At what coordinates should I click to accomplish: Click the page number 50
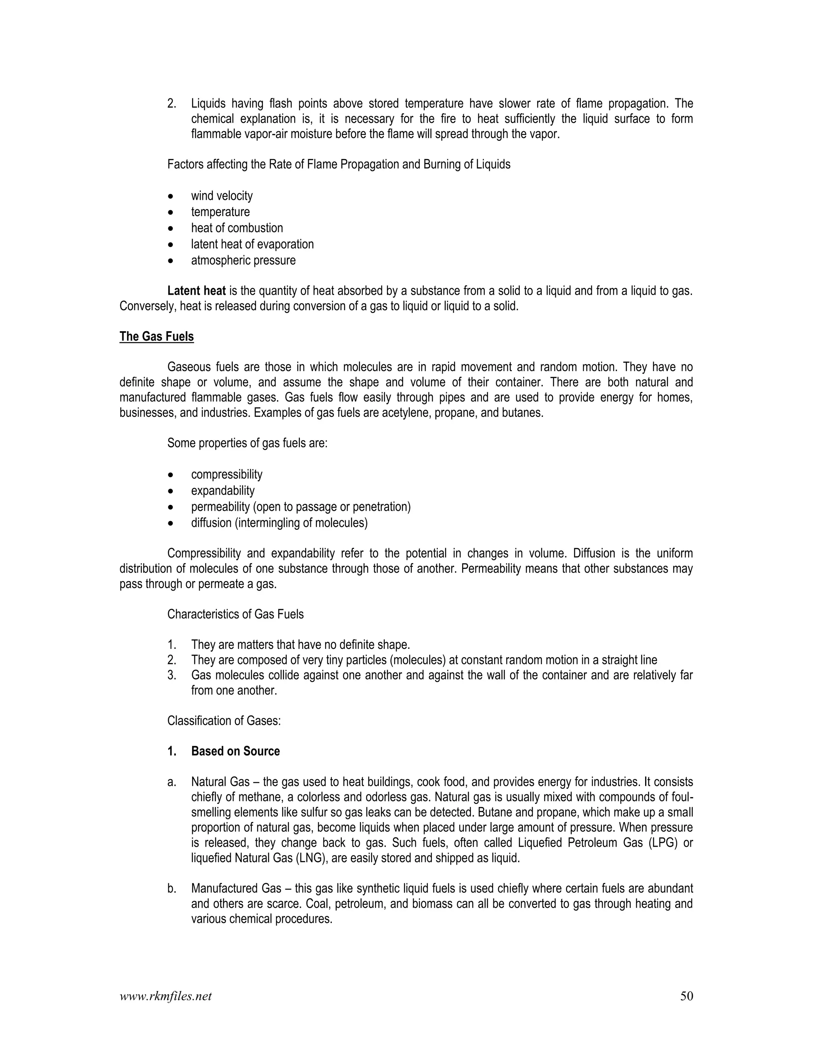pos(686,996)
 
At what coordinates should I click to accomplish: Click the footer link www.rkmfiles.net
pos(165,996)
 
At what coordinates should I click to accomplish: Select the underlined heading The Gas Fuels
pos(156,336)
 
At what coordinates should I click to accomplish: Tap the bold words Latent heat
pos(197,291)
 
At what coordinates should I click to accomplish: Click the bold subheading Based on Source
pos(235,751)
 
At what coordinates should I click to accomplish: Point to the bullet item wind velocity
pos(222,196)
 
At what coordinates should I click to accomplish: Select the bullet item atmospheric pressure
pos(243,260)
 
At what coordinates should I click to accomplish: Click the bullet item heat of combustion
pos(237,228)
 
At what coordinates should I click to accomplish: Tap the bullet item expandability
pos(223,491)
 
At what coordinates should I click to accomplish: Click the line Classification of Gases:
pos(224,721)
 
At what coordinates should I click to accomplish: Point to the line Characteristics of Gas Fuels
pos(235,614)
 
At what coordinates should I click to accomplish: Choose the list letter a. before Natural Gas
pos(172,782)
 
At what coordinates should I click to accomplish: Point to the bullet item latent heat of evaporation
pos(252,244)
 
